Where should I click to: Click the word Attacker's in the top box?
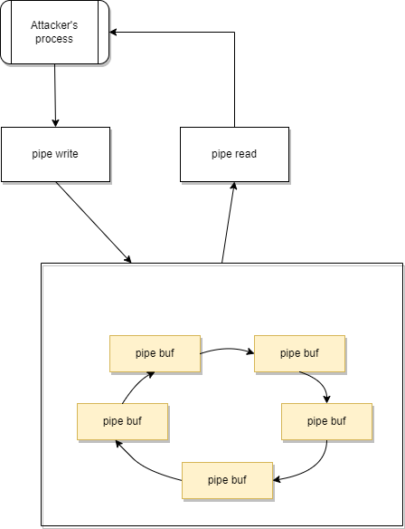tap(54, 25)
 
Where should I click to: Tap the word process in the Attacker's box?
tap(54, 39)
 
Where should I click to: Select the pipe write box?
tap(55, 154)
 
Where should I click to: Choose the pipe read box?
tap(234, 154)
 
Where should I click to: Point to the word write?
tap(65, 154)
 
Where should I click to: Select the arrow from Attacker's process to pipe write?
tap(55, 95)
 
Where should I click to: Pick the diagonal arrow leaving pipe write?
tap(94, 222)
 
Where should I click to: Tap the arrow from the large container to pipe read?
tap(228, 222)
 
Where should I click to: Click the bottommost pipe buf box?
tap(227, 480)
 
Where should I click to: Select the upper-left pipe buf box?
tap(155, 353)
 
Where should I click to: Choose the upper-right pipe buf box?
tap(299, 353)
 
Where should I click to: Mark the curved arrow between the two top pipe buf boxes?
tap(227, 349)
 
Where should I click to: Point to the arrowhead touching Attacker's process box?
tap(113, 33)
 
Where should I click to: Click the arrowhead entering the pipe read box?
tap(233, 185)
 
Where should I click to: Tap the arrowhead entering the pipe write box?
tap(55, 123)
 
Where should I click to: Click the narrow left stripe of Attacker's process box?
tap(6, 32)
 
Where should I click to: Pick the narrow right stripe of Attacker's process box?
tap(104, 32)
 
